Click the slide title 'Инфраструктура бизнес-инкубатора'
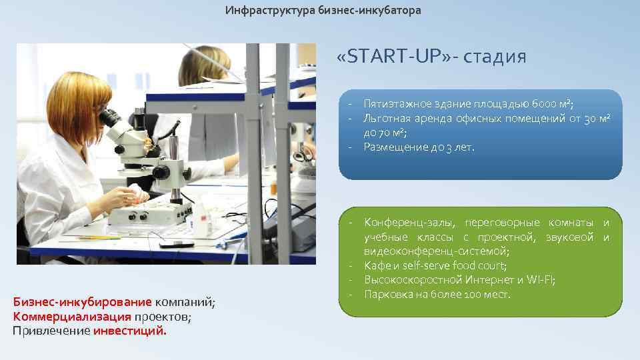(x=323, y=11)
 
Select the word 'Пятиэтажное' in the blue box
(x=395, y=104)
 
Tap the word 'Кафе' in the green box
(x=375, y=265)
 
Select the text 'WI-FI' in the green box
(x=540, y=279)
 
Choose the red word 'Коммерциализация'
(x=72, y=316)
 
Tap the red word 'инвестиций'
(x=130, y=330)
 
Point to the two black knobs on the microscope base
(x=137, y=216)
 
